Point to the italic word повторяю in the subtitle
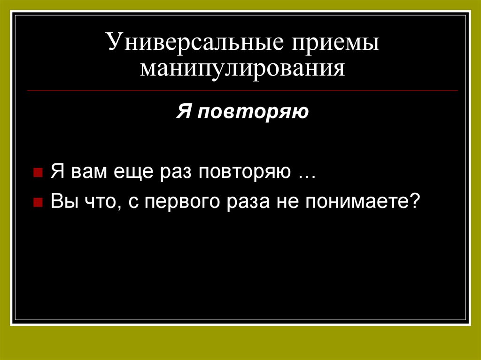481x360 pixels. pos(252,113)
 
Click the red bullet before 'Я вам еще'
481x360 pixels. pos(37,173)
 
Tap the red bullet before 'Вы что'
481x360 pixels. pos(37,203)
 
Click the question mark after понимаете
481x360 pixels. pos(414,202)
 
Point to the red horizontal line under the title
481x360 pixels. pos(242,90)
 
